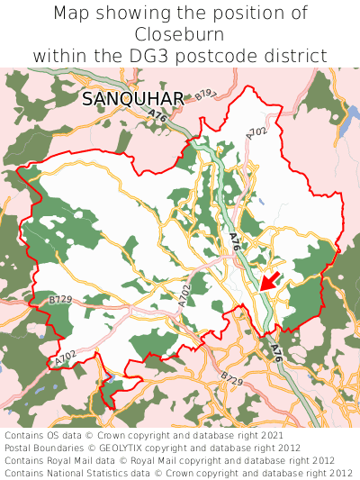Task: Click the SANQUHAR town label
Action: tap(132, 99)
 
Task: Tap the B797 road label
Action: tap(206, 94)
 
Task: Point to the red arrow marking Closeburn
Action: tap(271, 280)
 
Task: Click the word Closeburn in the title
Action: tap(180, 34)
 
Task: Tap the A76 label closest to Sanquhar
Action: tap(159, 116)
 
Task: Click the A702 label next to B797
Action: tap(256, 133)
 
